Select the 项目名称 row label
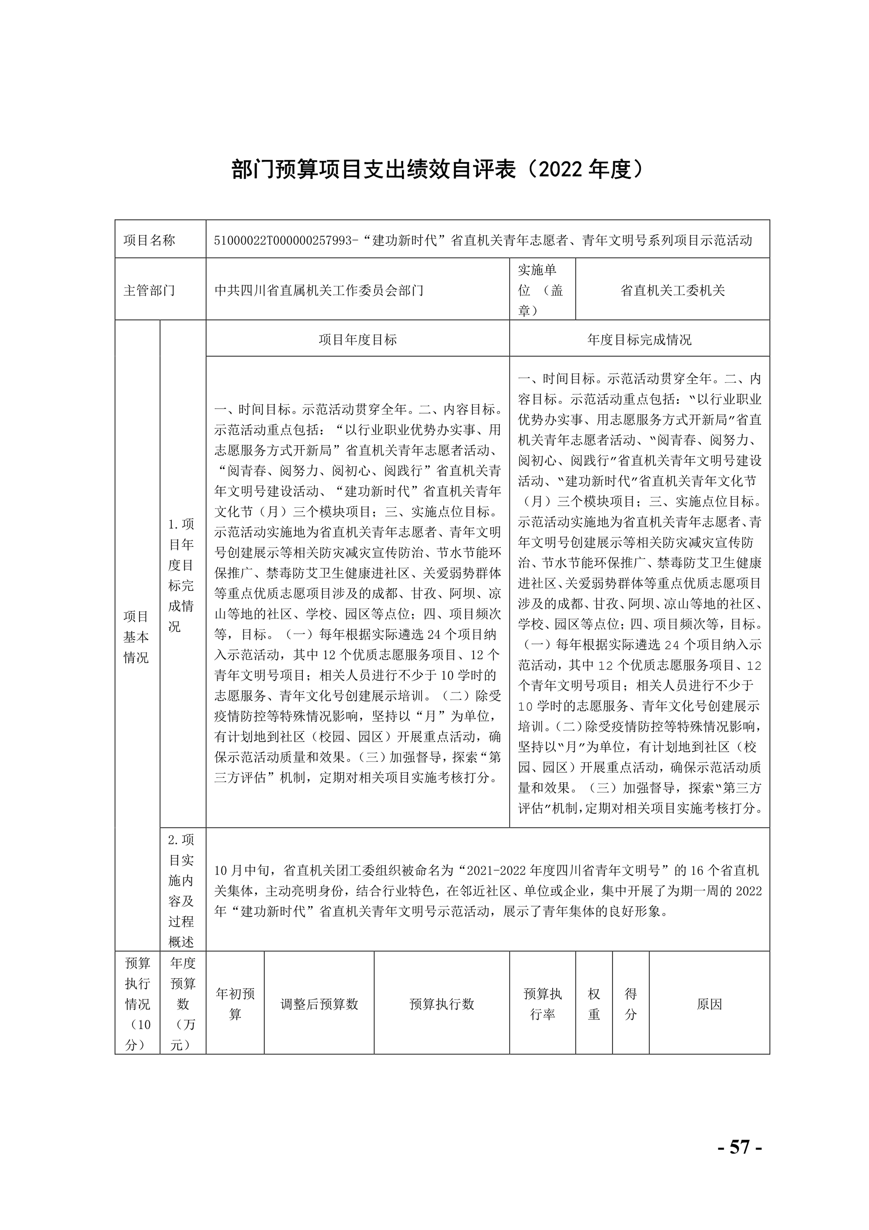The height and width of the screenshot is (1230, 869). click(x=149, y=240)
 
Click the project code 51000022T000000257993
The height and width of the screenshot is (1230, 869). click(x=285, y=240)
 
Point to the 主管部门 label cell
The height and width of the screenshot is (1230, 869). click(x=149, y=290)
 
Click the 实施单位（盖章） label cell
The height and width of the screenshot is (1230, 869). click(x=541, y=290)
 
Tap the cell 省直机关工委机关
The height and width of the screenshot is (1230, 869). click(x=672, y=290)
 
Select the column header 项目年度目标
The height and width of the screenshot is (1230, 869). click(x=358, y=340)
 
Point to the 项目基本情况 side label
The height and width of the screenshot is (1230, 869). click(x=136, y=637)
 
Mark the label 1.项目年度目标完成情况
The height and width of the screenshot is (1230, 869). click(x=181, y=575)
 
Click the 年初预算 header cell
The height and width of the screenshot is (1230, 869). click(x=235, y=1004)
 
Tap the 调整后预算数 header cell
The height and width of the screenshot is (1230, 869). click(x=319, y=1004)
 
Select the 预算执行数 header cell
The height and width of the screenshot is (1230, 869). click(x=442, y=1004)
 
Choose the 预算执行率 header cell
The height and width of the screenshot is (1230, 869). click(x=542, y=1004)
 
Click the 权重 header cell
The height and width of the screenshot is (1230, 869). click(x=594, y=1004)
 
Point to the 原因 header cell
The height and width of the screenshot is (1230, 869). click(x=710, y=1004)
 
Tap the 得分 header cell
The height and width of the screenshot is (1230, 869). click(x=631, y=1004)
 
